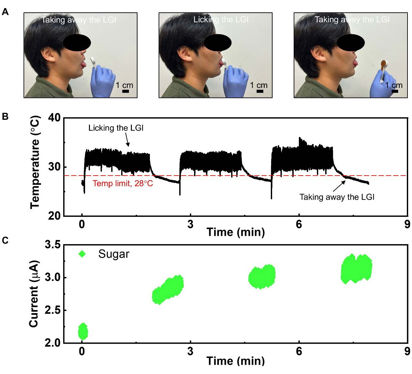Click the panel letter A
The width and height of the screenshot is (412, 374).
click(5, 12)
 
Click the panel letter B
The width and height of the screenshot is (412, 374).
click(5, 116)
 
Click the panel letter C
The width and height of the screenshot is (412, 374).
click(5, 240)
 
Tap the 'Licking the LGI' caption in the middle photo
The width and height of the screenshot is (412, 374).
click(221, 20)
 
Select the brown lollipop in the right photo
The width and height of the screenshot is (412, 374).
click(384, 64)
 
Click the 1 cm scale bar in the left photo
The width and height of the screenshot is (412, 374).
click(126, 91)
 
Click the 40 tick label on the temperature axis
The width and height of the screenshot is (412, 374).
click(54, 118)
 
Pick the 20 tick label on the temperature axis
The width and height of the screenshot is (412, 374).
click(54, 216)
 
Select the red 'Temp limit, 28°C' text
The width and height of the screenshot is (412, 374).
click(123, 184)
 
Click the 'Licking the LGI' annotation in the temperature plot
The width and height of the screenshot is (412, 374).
click(116, 128)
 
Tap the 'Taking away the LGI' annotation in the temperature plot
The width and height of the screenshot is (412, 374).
click(337, 197)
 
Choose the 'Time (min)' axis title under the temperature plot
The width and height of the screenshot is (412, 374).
click(235, 232)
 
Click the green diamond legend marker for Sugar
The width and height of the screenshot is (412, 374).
click(83, 254)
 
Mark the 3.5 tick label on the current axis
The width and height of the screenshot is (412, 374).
click(52, 245)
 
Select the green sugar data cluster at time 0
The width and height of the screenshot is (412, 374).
click(83, 331)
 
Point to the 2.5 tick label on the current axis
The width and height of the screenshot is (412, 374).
click(52, 311)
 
